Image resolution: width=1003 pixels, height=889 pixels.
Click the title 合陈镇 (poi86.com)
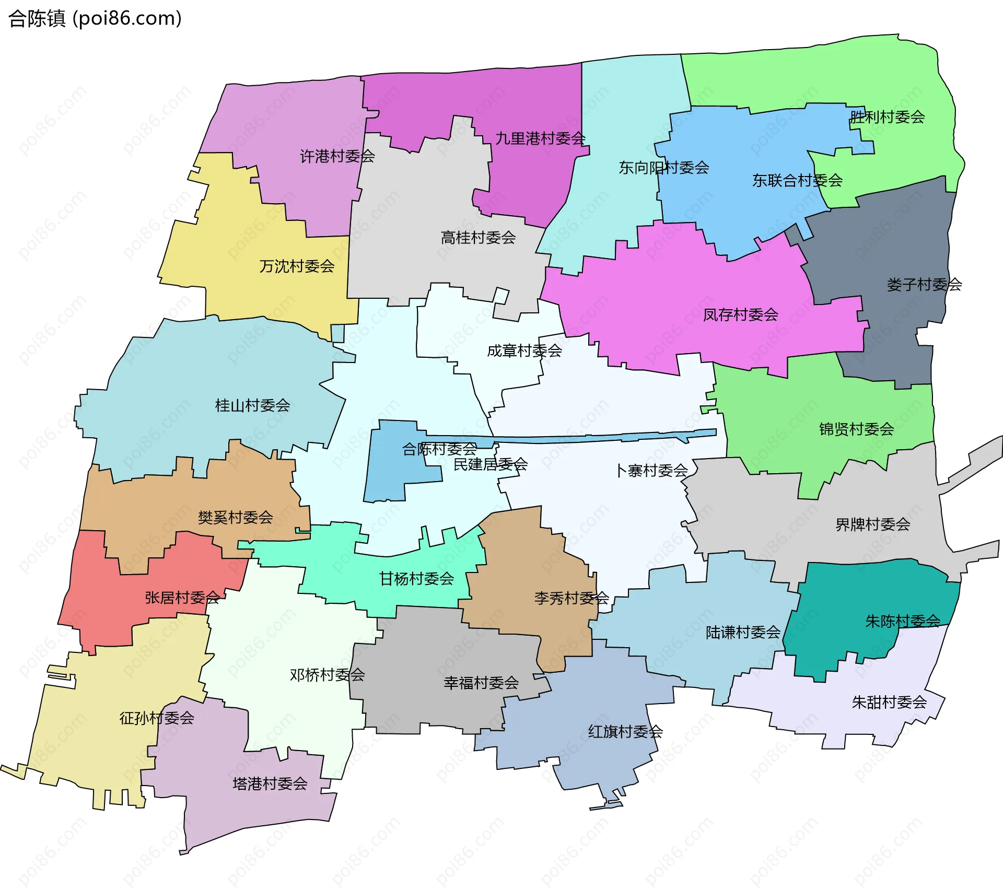[x=95, y=19]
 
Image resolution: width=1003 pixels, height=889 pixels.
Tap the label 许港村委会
[x=337, y=156]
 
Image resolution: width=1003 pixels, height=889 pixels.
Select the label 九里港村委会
[x=540, y=138]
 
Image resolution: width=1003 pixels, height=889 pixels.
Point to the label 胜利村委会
[x=887, y=117]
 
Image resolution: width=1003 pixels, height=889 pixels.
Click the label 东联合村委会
[x=797, y=181]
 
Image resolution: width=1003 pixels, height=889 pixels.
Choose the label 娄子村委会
[x=924, y=285]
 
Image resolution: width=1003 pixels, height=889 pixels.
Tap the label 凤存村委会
[x=740, y=315]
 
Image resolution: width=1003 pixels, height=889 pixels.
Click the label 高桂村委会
[x=478, y=238]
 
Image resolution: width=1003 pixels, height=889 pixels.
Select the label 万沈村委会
[x=297, y=266]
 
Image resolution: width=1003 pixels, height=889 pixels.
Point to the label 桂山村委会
[x=252, y=405]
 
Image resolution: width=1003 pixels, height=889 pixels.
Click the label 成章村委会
[x=524, y=351]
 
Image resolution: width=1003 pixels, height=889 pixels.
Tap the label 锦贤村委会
[x=856, y=429]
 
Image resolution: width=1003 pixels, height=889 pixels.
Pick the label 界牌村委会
[x=872, y=524]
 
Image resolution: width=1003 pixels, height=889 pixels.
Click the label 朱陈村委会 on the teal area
[x=903, y=621]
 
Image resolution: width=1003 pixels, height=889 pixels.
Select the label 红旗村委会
[x=625, y=732]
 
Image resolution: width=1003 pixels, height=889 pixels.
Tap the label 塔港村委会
[x=270, y=783]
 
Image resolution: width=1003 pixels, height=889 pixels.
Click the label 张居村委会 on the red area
[x=182, y=598]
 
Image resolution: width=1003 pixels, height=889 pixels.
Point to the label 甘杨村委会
[x=416, y=579]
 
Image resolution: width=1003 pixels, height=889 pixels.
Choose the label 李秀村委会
[x=571, y=598]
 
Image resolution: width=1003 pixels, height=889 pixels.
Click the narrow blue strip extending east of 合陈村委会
[x=601, y=438]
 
